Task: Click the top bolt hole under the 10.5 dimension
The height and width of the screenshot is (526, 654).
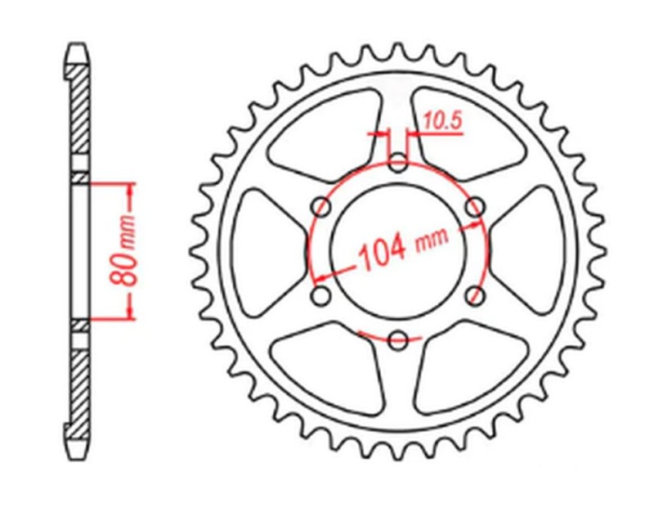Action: click(x=398, y=164)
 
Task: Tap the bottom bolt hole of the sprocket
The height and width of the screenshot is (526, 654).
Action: click(x=398, y=339)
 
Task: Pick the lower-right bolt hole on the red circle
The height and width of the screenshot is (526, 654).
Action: click(x=474, y=294)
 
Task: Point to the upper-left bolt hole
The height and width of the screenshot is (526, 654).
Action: click(x=322, y=208)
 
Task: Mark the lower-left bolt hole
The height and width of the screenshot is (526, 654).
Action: click(x=322, y=294)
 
